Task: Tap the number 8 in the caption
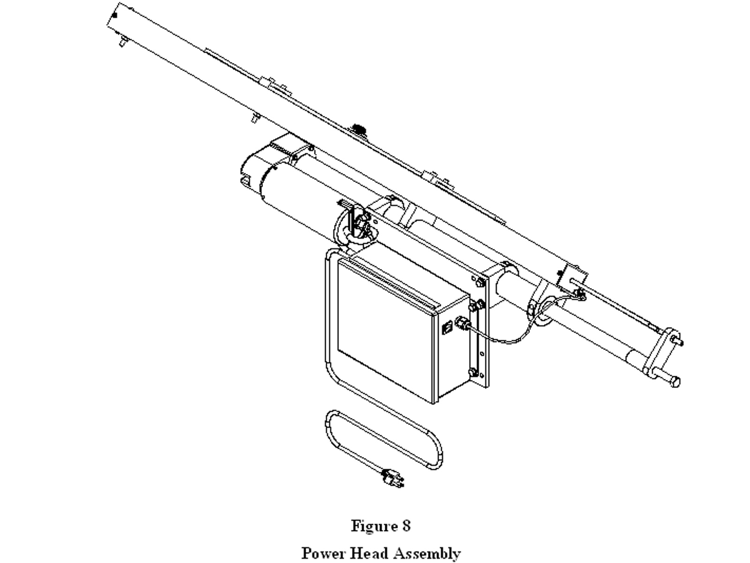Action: [406, 526]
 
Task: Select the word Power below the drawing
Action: [323, 553]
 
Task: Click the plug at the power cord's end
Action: [393, 478]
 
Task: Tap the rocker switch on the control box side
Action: [447, 328]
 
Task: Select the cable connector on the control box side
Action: [462, 322]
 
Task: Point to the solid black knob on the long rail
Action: [359, 129]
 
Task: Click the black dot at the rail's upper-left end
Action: [115, 15]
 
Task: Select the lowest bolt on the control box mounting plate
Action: [473, 372]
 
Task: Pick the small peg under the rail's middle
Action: [255, 117]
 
